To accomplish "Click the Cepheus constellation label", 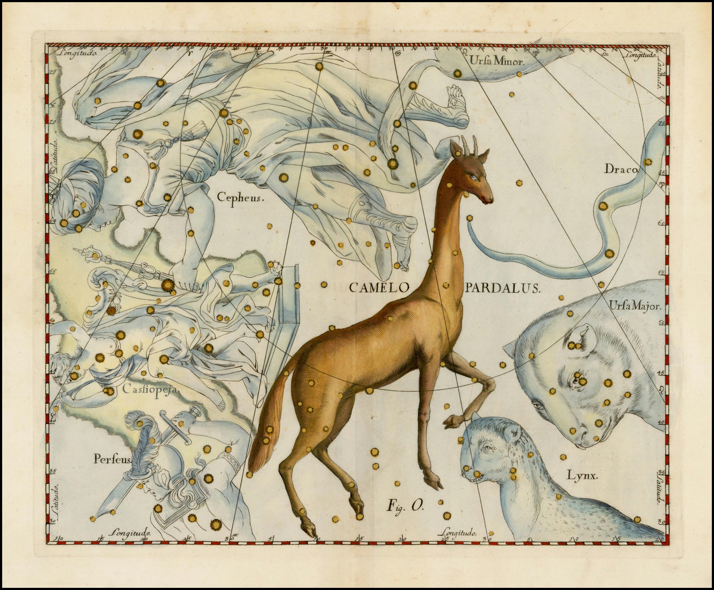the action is (x=240, y=197).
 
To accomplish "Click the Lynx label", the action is (x=582, y=475).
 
